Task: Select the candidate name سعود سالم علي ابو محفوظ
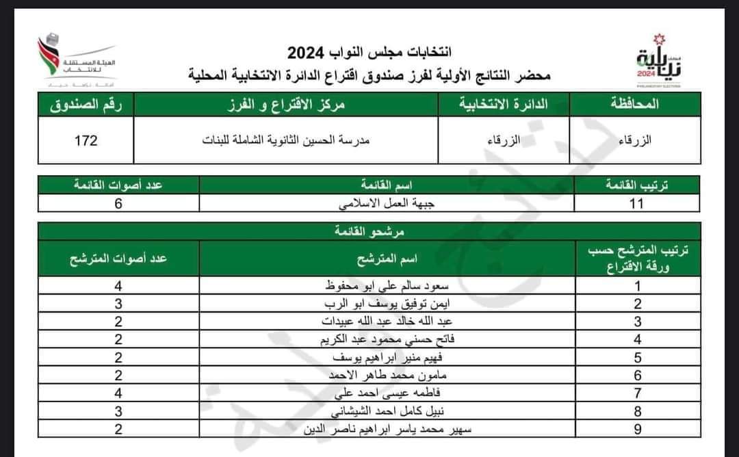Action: point(388,287)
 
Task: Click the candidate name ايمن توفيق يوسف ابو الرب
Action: point(388,304)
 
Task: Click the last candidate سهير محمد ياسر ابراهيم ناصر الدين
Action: point(388,430)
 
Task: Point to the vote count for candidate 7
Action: point(118,393)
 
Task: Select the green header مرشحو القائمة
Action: point(369,232)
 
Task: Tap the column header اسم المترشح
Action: point(388,259)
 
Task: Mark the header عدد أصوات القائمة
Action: point(118,185)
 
